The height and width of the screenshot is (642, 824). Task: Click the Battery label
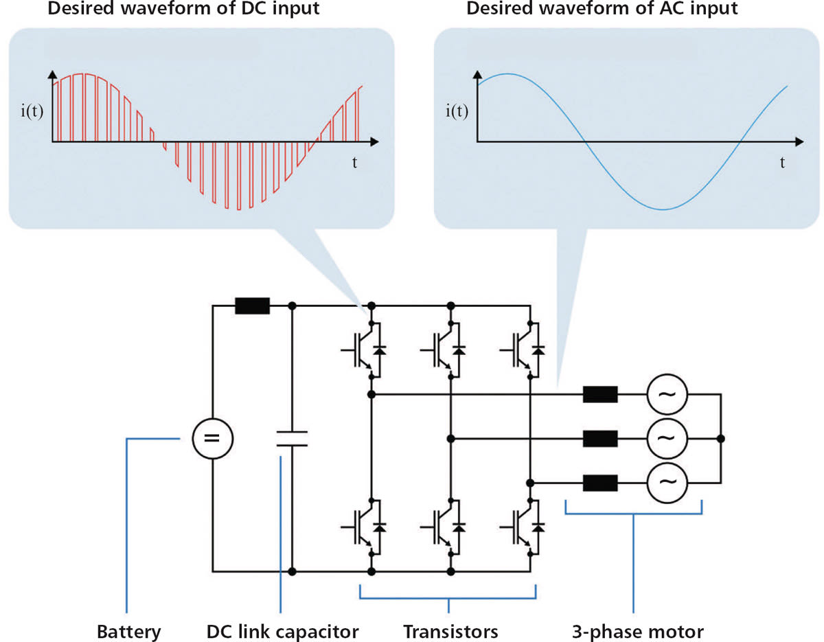coord(128,630)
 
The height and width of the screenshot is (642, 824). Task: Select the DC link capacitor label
coord(282,630)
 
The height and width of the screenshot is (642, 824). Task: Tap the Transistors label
coord(450,630)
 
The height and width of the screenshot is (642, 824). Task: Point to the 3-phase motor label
coord(638,630)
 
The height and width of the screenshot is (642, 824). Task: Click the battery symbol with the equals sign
coord(212,438)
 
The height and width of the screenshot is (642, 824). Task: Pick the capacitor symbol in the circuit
coord(292,438)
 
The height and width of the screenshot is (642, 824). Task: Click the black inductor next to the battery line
coord(253,306)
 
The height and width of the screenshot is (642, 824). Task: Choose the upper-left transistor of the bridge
coord(364,349)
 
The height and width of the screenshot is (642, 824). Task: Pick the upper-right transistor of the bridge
coord(524,349)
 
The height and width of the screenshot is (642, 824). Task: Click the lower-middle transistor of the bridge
coord(444,527)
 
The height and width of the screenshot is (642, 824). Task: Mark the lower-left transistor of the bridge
coord(364,527)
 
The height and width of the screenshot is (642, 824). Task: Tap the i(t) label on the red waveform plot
coord(32,111)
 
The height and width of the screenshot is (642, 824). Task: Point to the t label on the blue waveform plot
coord(782,163)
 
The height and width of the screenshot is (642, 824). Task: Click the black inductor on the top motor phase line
coord(600,395)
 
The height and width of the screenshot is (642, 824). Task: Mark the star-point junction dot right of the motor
coord(720,438)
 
